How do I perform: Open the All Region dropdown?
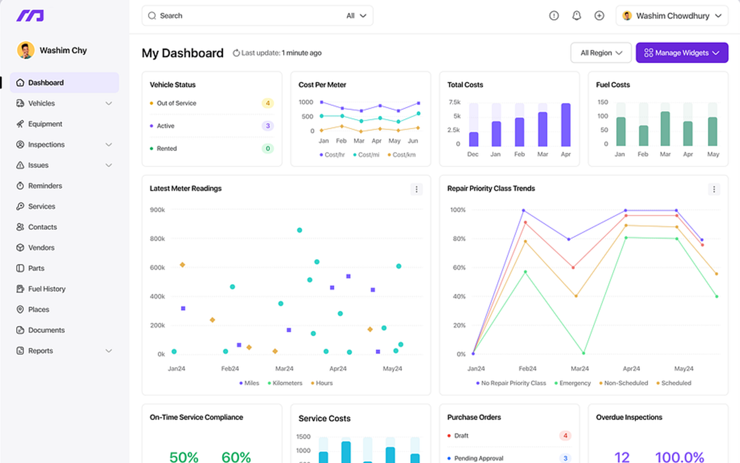pos(601,53)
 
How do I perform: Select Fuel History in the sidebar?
pos(47,289)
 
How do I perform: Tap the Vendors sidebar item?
pos(42,248)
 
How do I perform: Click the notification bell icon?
pos(576,16)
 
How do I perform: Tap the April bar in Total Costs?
pos(565,125)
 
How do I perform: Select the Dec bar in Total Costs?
pos(473,139)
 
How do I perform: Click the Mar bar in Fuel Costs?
pos(665,128)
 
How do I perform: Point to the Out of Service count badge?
pos(267,103)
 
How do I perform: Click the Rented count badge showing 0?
pos(267,149)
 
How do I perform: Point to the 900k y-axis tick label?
pos(157,210)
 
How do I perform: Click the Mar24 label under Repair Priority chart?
pos(580,369)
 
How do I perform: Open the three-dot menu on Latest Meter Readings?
pos(416,189)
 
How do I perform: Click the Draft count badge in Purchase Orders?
pos(565,436)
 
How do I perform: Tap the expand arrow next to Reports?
pos(109,351)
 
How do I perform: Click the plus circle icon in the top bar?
pos(600,16)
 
